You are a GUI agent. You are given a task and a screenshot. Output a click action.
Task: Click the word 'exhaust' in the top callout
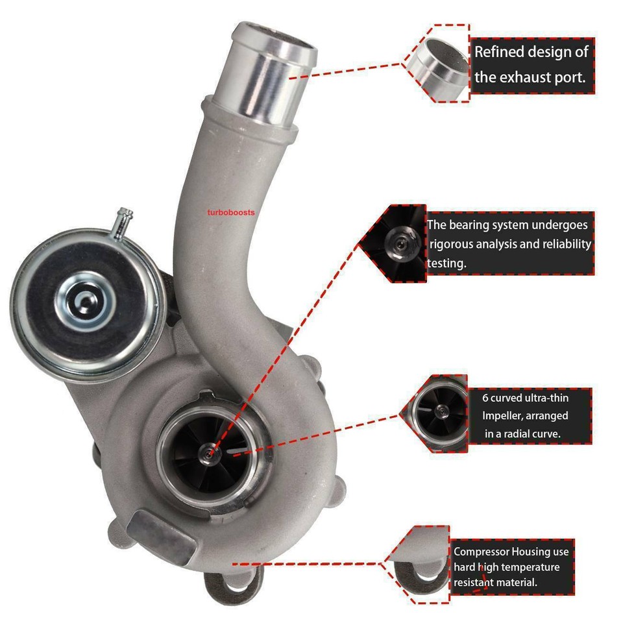point(524,77)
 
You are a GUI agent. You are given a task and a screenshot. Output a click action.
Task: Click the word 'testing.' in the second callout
point(448,263)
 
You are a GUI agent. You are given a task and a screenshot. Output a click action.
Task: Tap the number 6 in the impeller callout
point(485,397)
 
